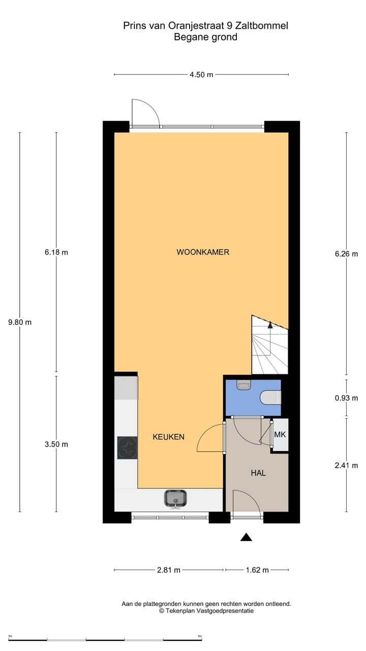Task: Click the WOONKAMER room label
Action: (203, 252)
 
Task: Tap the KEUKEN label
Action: (168, 436)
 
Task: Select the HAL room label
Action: (258, 472)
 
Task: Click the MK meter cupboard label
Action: (280, 435)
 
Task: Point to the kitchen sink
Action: (175, 498)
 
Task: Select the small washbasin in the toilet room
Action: (244, 386)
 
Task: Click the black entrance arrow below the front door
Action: (246, 537)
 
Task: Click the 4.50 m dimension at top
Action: (201, 75)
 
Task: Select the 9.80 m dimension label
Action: (20, 322)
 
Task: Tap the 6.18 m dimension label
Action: (56, 252)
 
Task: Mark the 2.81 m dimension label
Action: (168, 570)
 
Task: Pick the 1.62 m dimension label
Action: (257, 570)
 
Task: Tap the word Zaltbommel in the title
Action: (264, 25)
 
